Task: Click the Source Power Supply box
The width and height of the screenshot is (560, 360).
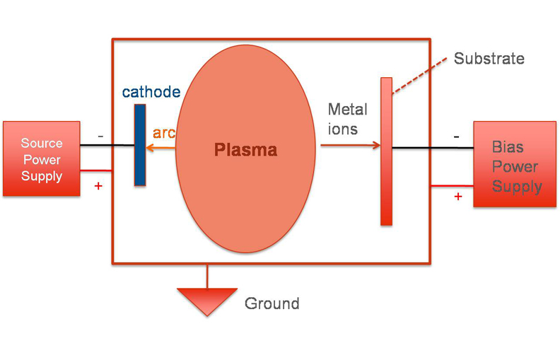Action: [41, 158]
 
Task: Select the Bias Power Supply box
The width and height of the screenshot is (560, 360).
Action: [515, 164]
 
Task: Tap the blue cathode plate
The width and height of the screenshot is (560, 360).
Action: [140, 145]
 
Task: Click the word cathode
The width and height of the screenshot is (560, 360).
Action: [151, 93]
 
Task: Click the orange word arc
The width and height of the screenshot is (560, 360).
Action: [164, 133]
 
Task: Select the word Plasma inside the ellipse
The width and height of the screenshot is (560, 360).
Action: [245, 150]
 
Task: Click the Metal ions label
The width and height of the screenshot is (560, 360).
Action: [347, 119]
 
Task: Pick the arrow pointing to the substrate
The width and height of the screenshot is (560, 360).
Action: [350, 146]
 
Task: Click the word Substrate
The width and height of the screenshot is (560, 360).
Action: [489, 59]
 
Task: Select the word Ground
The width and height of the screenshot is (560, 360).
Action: [272, 304]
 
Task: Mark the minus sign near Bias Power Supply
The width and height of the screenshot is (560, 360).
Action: [456, 136]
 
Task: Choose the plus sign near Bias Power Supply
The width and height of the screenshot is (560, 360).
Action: [457, 196]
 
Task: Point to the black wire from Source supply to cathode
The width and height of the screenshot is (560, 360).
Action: [106, 146]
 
